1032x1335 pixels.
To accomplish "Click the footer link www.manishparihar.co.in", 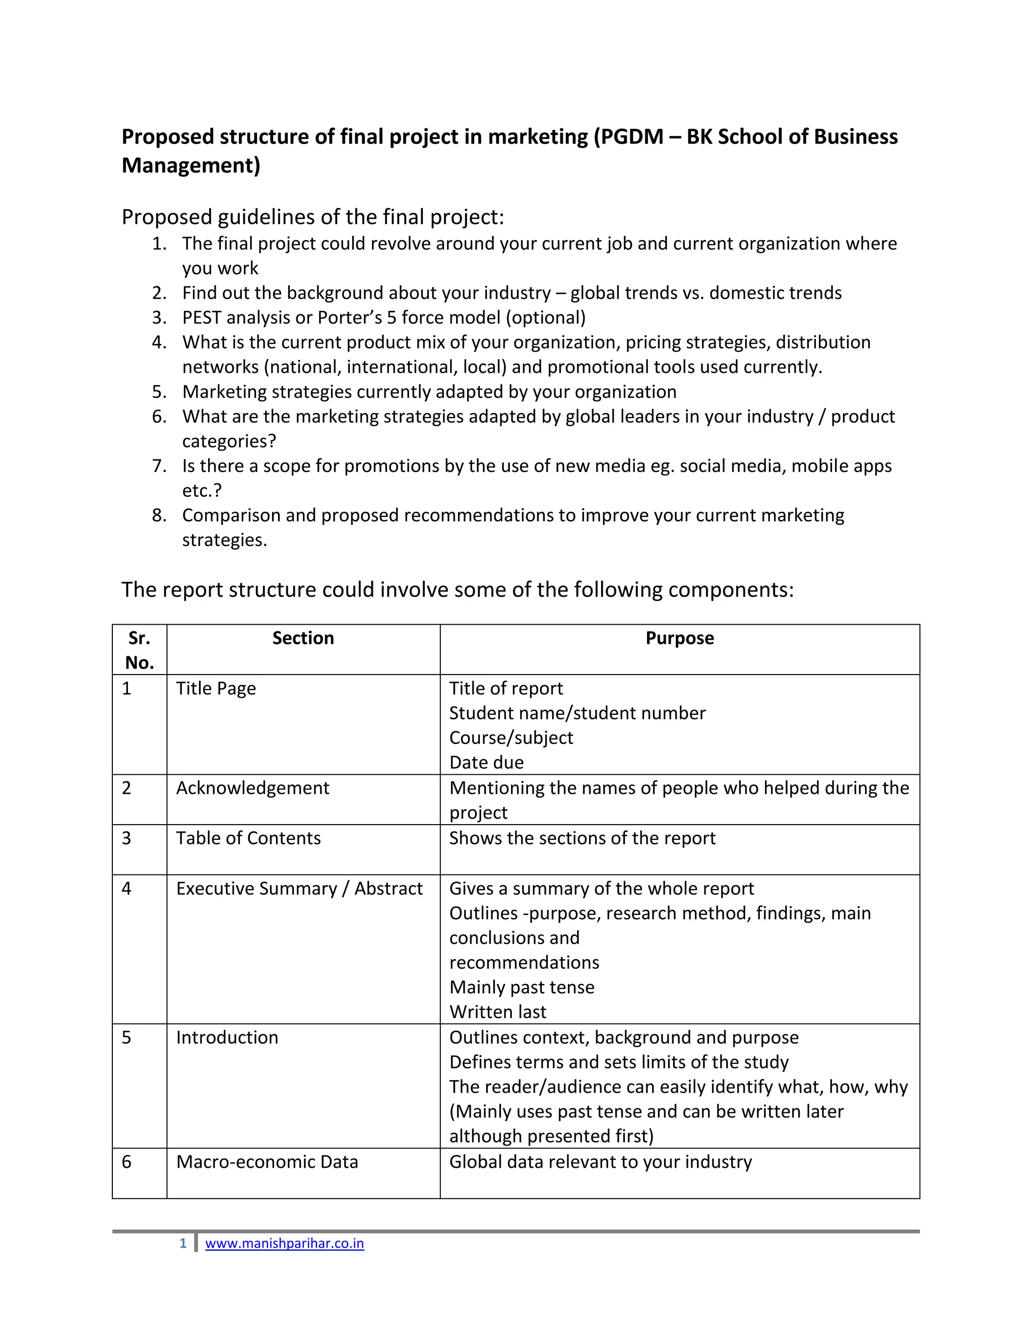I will [284, 1244].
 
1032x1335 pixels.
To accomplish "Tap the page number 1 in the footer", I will [183, 1244].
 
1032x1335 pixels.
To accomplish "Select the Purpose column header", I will [679, 638].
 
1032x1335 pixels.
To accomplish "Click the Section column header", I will [303, 638].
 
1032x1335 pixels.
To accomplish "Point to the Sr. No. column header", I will [140, 650].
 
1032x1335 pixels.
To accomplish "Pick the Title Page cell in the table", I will [216, 688].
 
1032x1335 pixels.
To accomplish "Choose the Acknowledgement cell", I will [252, 788].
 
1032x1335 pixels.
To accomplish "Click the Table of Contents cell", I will [248, 838].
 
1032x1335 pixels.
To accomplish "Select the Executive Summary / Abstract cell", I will [299, 889].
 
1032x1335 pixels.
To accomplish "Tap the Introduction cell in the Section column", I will [227, 1038].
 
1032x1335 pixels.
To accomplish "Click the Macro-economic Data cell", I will [267, 1162].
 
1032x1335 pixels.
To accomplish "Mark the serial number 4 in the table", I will [126, 889].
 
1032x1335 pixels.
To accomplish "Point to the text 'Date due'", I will [486, 763].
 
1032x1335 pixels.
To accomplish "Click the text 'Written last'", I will [498, 1012].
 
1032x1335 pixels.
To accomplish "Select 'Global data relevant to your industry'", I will [600, 1162].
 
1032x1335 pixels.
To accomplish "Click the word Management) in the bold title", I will [191, 166].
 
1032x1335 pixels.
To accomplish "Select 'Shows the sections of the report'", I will [582, 838].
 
